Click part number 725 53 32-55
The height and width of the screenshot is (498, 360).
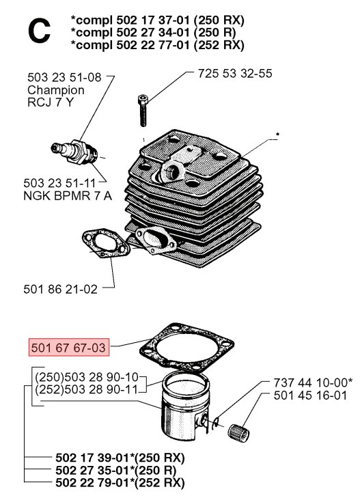point(234,72)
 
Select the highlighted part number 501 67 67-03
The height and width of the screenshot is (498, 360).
point(68,348)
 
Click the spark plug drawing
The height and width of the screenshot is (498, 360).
point(75,148)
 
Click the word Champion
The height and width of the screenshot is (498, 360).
point(56,89)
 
